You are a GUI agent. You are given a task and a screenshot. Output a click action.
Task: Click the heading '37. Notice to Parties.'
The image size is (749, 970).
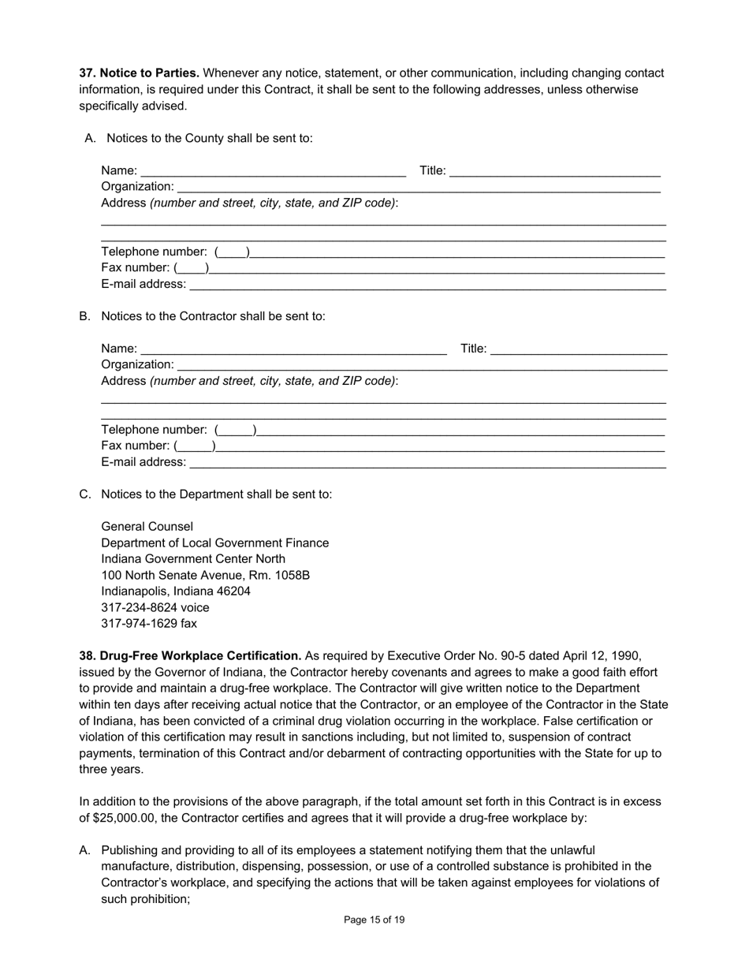pos(139,73)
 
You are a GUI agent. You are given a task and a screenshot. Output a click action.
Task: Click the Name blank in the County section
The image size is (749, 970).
pos(273,171)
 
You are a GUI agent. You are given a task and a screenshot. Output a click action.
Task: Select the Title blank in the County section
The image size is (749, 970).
pos(555,171)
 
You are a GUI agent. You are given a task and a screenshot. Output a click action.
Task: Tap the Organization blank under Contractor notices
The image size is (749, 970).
pos(422,365)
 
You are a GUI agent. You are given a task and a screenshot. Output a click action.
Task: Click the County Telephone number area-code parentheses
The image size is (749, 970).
pos(232,252)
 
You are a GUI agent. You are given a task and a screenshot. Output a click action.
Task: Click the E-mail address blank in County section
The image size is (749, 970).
pos(427,285)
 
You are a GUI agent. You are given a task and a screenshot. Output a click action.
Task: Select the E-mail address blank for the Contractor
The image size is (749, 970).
pos(427,463)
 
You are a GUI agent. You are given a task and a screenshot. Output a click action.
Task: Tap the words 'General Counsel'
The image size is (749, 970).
pos(147,527)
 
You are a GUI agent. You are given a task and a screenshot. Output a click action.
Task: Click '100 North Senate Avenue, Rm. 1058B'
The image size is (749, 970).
pos(205,576)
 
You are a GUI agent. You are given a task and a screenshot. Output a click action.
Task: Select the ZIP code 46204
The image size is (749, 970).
pos(232,591)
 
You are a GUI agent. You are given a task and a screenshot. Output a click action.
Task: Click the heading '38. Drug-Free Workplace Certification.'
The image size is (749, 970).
pos(190,656)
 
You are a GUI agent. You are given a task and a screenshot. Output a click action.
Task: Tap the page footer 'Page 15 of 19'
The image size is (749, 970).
pos(374,920)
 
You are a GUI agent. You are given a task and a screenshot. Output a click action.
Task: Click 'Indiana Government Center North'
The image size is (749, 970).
pos(193,559)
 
